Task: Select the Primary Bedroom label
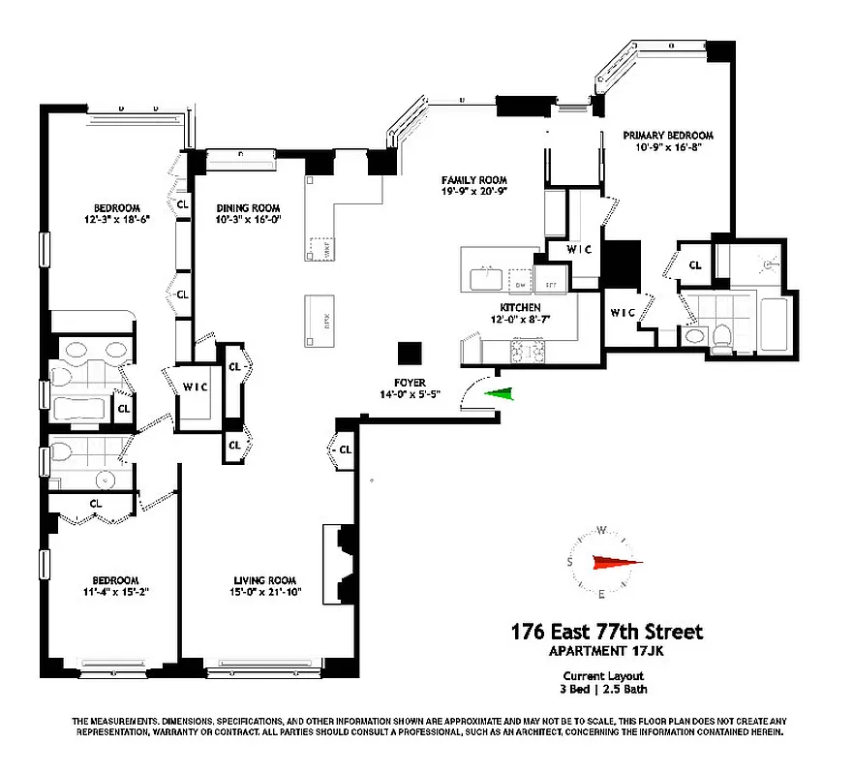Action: coord(668,136)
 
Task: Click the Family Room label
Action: coord(474,180)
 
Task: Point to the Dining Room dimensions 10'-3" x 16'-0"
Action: coord(247,220)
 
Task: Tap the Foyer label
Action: coord(410,383)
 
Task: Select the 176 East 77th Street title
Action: coord(607,633)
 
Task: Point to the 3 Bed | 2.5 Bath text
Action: coord(604,690)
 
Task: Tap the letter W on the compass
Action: coord(602,530)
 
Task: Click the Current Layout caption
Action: coord(604,676)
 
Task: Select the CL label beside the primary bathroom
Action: coord(695,264)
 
